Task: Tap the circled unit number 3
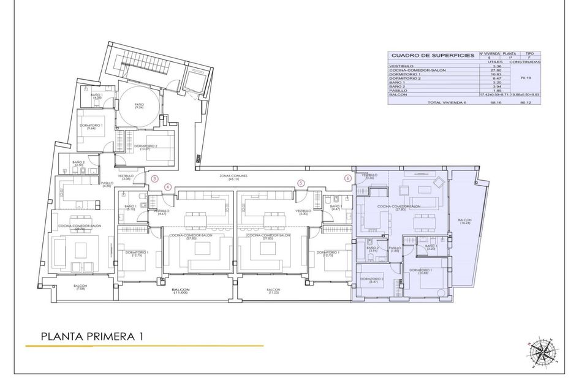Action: [155, 180]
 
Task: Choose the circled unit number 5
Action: [301, 183]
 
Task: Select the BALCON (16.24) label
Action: [466, 222]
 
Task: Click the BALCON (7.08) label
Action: [81, 287]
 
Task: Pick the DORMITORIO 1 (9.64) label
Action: [91, 127]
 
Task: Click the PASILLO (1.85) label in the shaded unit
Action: [395, 249]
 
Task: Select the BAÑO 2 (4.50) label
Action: [78, 164]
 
